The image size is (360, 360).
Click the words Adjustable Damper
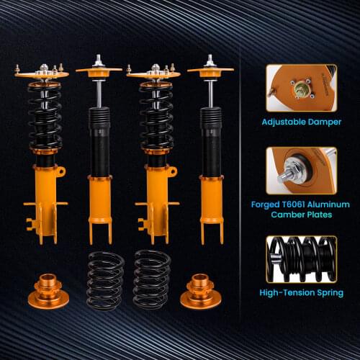[x=300, y=122]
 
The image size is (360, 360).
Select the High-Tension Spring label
[x=301, y=293]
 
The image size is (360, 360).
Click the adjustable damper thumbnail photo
[x=300, y=88]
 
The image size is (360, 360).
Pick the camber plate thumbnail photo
[x=300, y=170]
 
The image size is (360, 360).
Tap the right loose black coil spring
[x=151, y=280]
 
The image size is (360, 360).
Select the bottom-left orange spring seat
[x=46, y=291]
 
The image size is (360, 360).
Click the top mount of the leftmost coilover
[x=42, y=73]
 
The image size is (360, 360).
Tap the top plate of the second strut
[x=99, y=71]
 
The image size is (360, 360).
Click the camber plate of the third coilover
[x=153, y=73]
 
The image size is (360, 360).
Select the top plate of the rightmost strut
[x=210, y=71]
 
